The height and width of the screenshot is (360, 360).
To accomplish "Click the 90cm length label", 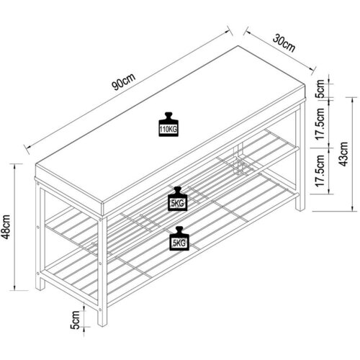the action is (124, 82).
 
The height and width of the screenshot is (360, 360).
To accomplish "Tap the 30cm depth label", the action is (284, 43).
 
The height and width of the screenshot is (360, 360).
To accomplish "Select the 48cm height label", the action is (6, 227).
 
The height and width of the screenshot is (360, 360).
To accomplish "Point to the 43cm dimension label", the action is (343, 154).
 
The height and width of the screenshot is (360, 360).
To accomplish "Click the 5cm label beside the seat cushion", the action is (320, 89).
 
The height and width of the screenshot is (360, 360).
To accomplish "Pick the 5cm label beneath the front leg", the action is (75, 320).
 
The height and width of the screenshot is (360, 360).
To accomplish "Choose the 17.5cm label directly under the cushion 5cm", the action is (320, 124).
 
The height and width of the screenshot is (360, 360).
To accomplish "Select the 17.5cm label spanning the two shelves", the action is (320, 171).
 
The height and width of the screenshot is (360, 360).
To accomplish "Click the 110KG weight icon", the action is (168, 125).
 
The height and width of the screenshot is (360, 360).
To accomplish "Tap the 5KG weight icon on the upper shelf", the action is (177, 199).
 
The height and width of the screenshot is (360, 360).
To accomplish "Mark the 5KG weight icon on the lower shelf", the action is (179, 238).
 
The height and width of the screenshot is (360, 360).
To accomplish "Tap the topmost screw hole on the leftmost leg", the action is (37, 184).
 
